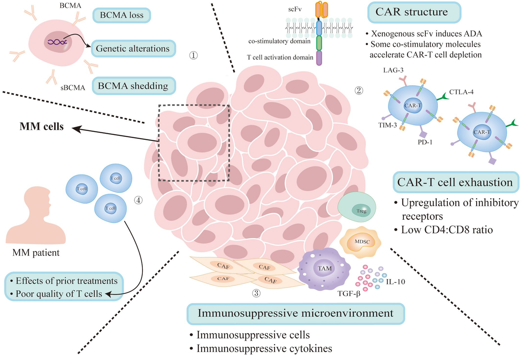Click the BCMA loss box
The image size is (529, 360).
click(x=121, y=16)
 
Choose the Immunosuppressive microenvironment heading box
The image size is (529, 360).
click(x=296, y=314)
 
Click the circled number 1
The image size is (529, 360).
click(x=193, y=56)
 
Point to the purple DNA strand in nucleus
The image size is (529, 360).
click(x=57, y=42)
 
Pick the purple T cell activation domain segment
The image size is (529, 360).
click(x=320, y=58)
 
